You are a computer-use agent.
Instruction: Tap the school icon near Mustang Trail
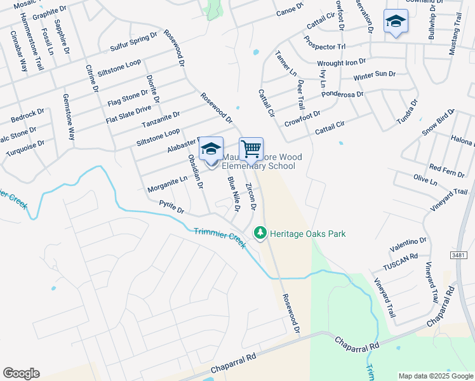pyautogui.click(x=396, y=21)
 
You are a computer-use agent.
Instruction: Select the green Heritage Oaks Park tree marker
pyautogui.click(x=259, y=234)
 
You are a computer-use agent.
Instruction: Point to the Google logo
pyautogui.click(x=21, y=373)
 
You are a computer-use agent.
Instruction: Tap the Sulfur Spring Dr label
pyautogui.click(x=133, y=42)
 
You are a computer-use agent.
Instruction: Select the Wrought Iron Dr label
pyautogui.click(x=342, y=63)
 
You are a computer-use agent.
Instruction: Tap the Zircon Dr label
pyautogui.click(x=251, y=197)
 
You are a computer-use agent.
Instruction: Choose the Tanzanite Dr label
pyautogui.click(x=161, y=119)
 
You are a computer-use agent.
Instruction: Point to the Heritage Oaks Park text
pyautogui.click(x=307, y=234)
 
